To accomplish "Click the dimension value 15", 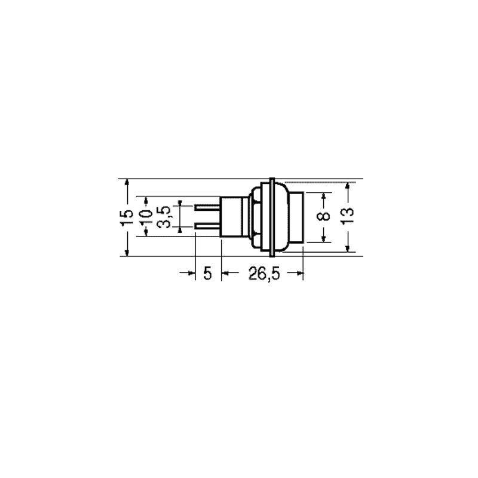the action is tap(127, 217).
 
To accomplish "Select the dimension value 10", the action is tap(147, 217).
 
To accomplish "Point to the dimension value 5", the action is tap(207, 273).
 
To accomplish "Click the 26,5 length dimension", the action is tap(264, 273).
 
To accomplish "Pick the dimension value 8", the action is tap(323, 216).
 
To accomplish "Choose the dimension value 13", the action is tap(348, 216).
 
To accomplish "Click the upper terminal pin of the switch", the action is tap(207, 208).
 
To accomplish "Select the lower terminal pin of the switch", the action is tap(207, 226).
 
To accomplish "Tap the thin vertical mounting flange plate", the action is tap(272, 217).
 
